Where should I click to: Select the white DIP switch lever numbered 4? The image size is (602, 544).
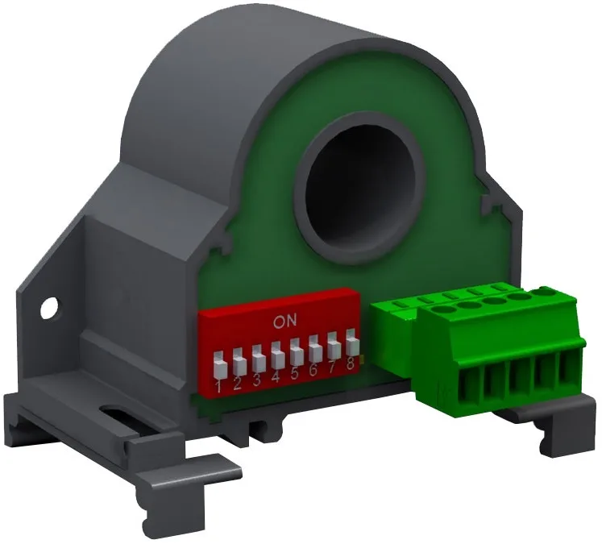[277, 356]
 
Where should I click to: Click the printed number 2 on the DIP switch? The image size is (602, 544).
[238, 384]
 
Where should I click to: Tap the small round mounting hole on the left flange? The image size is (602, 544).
[49, 307]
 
